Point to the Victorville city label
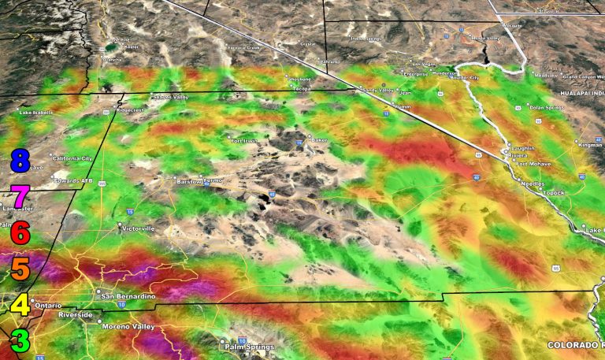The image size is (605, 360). pyautogui.click(x=139, y=228)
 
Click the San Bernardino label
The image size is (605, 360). pyautogui.click(x=128, y=296)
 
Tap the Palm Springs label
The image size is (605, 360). pyautogui.click(x=249, y=347)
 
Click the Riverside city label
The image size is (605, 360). pyautogui.click(x=76, y=315)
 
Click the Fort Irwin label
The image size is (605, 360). pyautogui.click(x=244, y=141)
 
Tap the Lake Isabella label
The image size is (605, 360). pyautogui.click(x=35, y=112)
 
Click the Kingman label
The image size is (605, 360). pyautogui.click(x=590, y=145)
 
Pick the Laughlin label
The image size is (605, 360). pyautogui.click(x=522, y=148)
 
